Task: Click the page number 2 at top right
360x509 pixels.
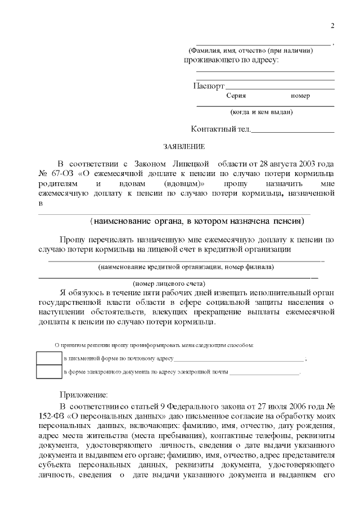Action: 332,26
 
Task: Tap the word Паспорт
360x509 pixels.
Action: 209,86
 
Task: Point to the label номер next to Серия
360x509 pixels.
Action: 300,96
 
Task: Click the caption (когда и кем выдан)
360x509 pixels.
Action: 265,112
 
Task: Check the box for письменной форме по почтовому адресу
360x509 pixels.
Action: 49,358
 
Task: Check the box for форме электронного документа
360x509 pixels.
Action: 49,372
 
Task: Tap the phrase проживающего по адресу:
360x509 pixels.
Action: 231,60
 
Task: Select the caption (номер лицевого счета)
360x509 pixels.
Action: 169,283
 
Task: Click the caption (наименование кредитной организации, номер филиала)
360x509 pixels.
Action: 186,267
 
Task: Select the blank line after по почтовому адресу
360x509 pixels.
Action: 239,359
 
